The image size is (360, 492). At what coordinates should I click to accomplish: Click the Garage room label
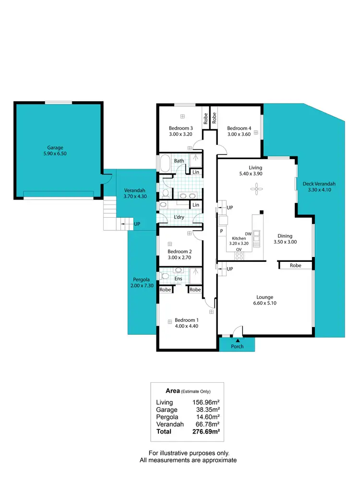click(x=55, y=148)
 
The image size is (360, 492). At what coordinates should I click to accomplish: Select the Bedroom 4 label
click(x=239, y=128)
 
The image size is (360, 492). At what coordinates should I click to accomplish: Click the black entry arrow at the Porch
click(x=237, y=340)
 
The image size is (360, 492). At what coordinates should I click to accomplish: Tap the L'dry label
click(x=179, y=217)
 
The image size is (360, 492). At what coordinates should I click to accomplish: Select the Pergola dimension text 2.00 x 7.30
click(x=143, y=286)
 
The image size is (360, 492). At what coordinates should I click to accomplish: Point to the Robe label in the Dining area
click(x=296, y=265)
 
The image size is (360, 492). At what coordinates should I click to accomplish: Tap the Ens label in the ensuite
click(x=178, y=279)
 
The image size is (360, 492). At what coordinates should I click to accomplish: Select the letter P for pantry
click(x=221, y=231)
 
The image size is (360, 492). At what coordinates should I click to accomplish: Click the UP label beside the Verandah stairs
click(x=137, y=224)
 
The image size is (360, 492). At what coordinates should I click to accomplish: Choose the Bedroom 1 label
click(x=186, y=320)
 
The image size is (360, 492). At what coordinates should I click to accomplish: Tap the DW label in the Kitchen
click(x=248, y=234)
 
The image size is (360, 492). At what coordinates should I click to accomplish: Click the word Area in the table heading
click(x=173, y=391)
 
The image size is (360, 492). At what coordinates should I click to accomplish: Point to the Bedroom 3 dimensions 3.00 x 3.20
click(x=180, y=135)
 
